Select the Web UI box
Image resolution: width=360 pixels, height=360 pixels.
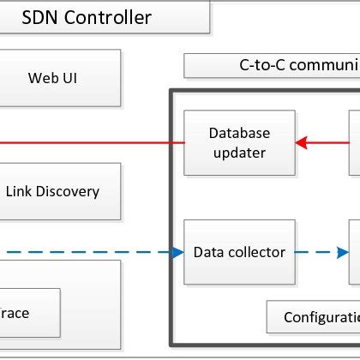tap(59, 78)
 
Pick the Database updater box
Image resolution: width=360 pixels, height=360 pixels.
tap(239, 142)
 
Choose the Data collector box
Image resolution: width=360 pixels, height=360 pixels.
tap(239, 252)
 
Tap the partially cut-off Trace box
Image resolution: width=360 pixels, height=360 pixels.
tap(30, 313)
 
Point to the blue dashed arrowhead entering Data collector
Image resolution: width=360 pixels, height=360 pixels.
tap(177, 252)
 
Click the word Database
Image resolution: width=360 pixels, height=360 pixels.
tap(239, 133)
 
